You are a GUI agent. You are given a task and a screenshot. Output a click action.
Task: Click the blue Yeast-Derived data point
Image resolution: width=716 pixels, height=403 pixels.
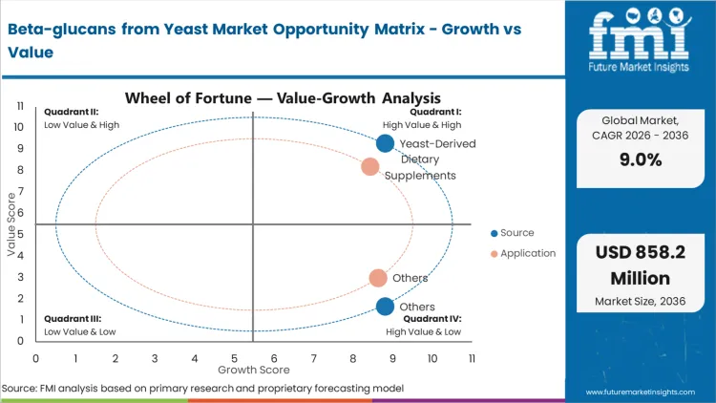click(x=385, y=143)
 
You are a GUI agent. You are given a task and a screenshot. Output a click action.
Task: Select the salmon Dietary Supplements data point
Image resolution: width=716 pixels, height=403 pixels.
click(x=370, y=167)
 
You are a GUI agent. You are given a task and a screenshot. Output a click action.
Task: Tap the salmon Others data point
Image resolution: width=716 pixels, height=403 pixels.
click(x=378, y=278)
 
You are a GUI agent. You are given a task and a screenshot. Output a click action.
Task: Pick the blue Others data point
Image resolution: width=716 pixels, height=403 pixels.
click(x=385, y=307)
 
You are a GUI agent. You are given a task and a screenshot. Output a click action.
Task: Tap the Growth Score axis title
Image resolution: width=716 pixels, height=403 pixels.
click(x=253, y=369)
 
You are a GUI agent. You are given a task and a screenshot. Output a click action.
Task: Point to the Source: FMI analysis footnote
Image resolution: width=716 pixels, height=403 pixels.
click(x=202, y=389)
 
